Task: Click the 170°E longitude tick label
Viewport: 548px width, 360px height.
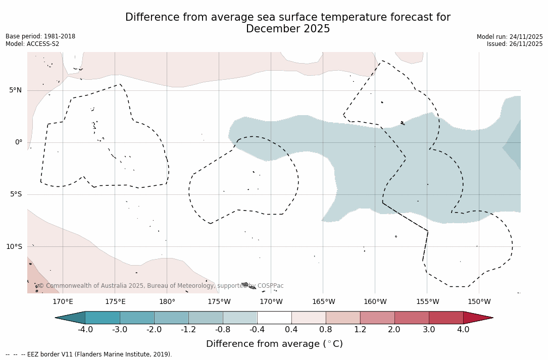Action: (x=63, y=302)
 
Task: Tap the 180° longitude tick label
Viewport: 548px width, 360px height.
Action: (x=167, y=302)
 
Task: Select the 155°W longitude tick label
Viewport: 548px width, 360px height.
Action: (x=427, y=302)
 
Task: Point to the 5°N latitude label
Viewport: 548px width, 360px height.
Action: (x=16, y=90)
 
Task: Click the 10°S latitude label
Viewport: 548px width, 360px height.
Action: (x=14, y=246)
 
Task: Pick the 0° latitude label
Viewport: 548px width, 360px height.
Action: (x=19, y=142)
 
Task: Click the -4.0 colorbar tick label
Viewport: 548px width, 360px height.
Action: (x=85, y=330)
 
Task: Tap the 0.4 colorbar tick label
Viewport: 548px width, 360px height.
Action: (x=291, y=330)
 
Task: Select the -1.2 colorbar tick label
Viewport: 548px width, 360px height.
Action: (x=188, y=330)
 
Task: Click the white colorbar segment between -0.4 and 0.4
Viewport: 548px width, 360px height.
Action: (x=274, y=318)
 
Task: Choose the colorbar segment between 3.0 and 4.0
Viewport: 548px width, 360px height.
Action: (x=446, y=318)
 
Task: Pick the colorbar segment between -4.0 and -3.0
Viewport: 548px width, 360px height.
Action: (x=103, y=318)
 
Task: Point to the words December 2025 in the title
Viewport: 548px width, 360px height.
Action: (x=288, y=29)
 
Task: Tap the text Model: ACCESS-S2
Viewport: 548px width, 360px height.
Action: (x=32, y=44)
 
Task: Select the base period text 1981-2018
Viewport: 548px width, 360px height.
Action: (x=60, y=36)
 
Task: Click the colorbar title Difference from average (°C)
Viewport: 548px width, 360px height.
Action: (x=274, y=344)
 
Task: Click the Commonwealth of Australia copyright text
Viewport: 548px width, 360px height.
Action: (x=161, y=286)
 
